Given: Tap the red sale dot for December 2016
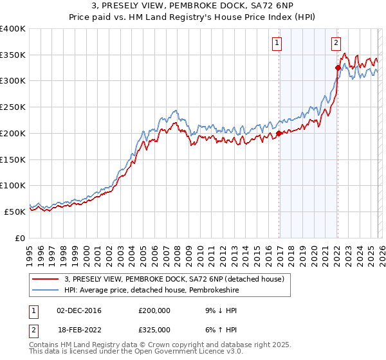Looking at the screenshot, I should pyautogui.click(x=279, y=134).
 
